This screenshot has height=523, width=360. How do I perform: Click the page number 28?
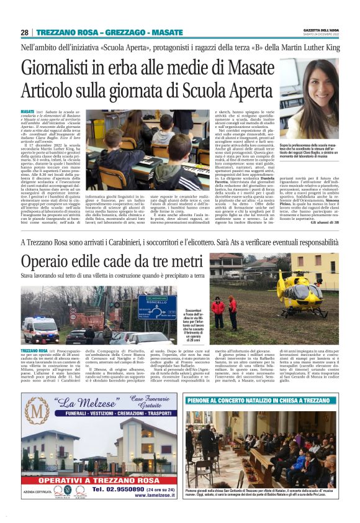[24, 32]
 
